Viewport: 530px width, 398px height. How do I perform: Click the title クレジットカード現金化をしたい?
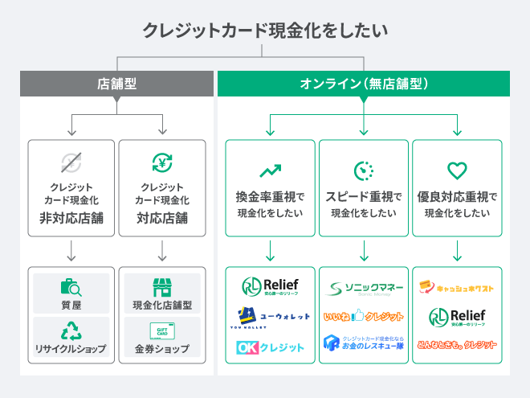[265, 31]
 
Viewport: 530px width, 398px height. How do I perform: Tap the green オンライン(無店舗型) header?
[364, 84]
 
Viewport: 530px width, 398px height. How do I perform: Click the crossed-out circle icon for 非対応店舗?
[71, 163]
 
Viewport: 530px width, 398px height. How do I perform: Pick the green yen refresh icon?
[162, 163]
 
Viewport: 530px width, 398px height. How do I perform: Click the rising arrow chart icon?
[270, 170]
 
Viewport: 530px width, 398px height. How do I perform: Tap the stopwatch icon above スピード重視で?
[364, 170]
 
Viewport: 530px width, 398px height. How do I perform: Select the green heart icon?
[457, 170]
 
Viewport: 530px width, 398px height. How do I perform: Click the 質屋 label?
[71, 306]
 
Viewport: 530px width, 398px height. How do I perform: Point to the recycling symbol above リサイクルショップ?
[71, 331]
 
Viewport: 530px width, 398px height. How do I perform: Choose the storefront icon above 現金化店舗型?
[162, 288]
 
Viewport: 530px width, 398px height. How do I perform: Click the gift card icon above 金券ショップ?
[162, 331]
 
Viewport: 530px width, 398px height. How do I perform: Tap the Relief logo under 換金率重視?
[270, 287]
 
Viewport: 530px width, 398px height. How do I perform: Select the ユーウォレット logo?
[270, 317]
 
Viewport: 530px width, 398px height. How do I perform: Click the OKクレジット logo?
[270, 347]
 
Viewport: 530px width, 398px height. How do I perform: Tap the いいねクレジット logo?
[364, 317]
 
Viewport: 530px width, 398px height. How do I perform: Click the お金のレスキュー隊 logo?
[364, 343]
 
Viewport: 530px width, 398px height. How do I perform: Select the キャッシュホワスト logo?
[457, 288]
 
